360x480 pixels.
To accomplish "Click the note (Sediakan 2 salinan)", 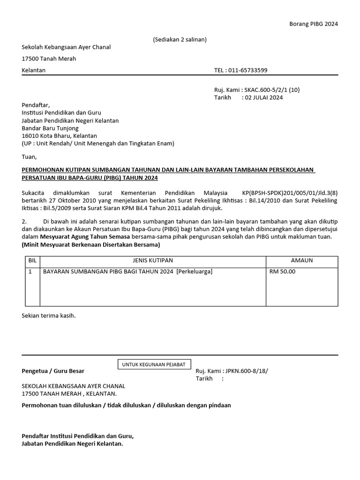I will point(180,39).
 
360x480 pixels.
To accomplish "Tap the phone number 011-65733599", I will point(247,70).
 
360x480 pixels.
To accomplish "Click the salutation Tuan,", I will point(29,157).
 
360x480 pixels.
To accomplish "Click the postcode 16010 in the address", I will point(30,136).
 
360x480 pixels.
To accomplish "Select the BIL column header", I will point(32,260).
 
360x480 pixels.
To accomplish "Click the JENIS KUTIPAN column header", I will point(153,260).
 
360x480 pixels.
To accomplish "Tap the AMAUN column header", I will point(302,260).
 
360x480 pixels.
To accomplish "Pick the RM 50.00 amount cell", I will point(283,271).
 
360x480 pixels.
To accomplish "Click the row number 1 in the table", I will point(30,271).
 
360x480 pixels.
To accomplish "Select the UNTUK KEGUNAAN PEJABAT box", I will point(154,364).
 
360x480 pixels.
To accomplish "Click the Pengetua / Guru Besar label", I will point(53,371).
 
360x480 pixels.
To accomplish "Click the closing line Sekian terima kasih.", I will point(49,315).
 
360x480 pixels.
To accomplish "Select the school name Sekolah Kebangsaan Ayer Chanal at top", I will point(66,47).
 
